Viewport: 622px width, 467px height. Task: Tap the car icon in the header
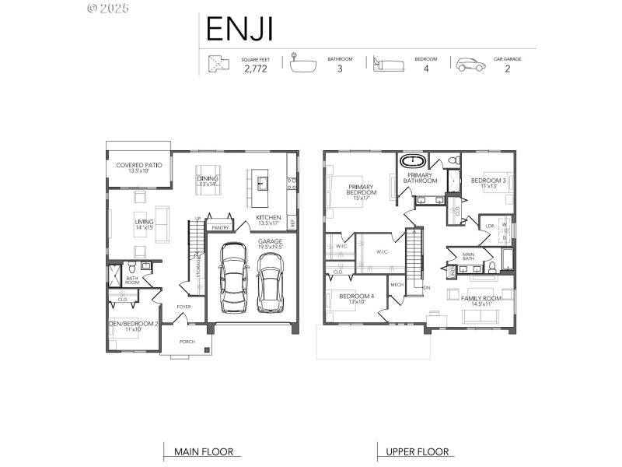470,65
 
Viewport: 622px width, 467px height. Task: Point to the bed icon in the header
387,65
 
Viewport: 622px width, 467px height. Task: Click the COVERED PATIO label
138,165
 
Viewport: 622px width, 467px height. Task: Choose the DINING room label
208,179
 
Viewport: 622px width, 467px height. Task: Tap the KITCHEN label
268,217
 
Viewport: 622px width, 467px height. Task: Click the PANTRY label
219,228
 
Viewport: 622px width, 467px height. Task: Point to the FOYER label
183,307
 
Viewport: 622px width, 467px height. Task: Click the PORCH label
187,342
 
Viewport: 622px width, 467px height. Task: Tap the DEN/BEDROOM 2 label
133,323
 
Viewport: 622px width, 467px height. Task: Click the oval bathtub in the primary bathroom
412,162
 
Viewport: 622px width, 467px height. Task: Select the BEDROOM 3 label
488,181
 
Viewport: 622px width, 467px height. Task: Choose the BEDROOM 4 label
357,296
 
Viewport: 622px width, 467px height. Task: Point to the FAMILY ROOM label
481,298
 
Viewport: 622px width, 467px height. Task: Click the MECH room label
397,285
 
